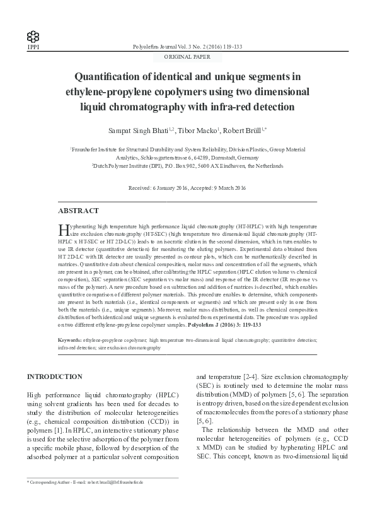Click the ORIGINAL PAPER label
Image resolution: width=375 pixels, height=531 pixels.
click(187, 57)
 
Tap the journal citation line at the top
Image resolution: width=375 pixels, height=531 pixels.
click(187, 47)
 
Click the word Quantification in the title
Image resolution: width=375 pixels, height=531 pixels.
click(112, 78)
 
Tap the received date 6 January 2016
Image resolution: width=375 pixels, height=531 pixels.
click(171, 189)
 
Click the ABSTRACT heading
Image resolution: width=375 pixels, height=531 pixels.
click(78, 211)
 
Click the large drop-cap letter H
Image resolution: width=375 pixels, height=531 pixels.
click(62, 228)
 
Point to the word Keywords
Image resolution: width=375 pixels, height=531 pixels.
click(69, 340)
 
